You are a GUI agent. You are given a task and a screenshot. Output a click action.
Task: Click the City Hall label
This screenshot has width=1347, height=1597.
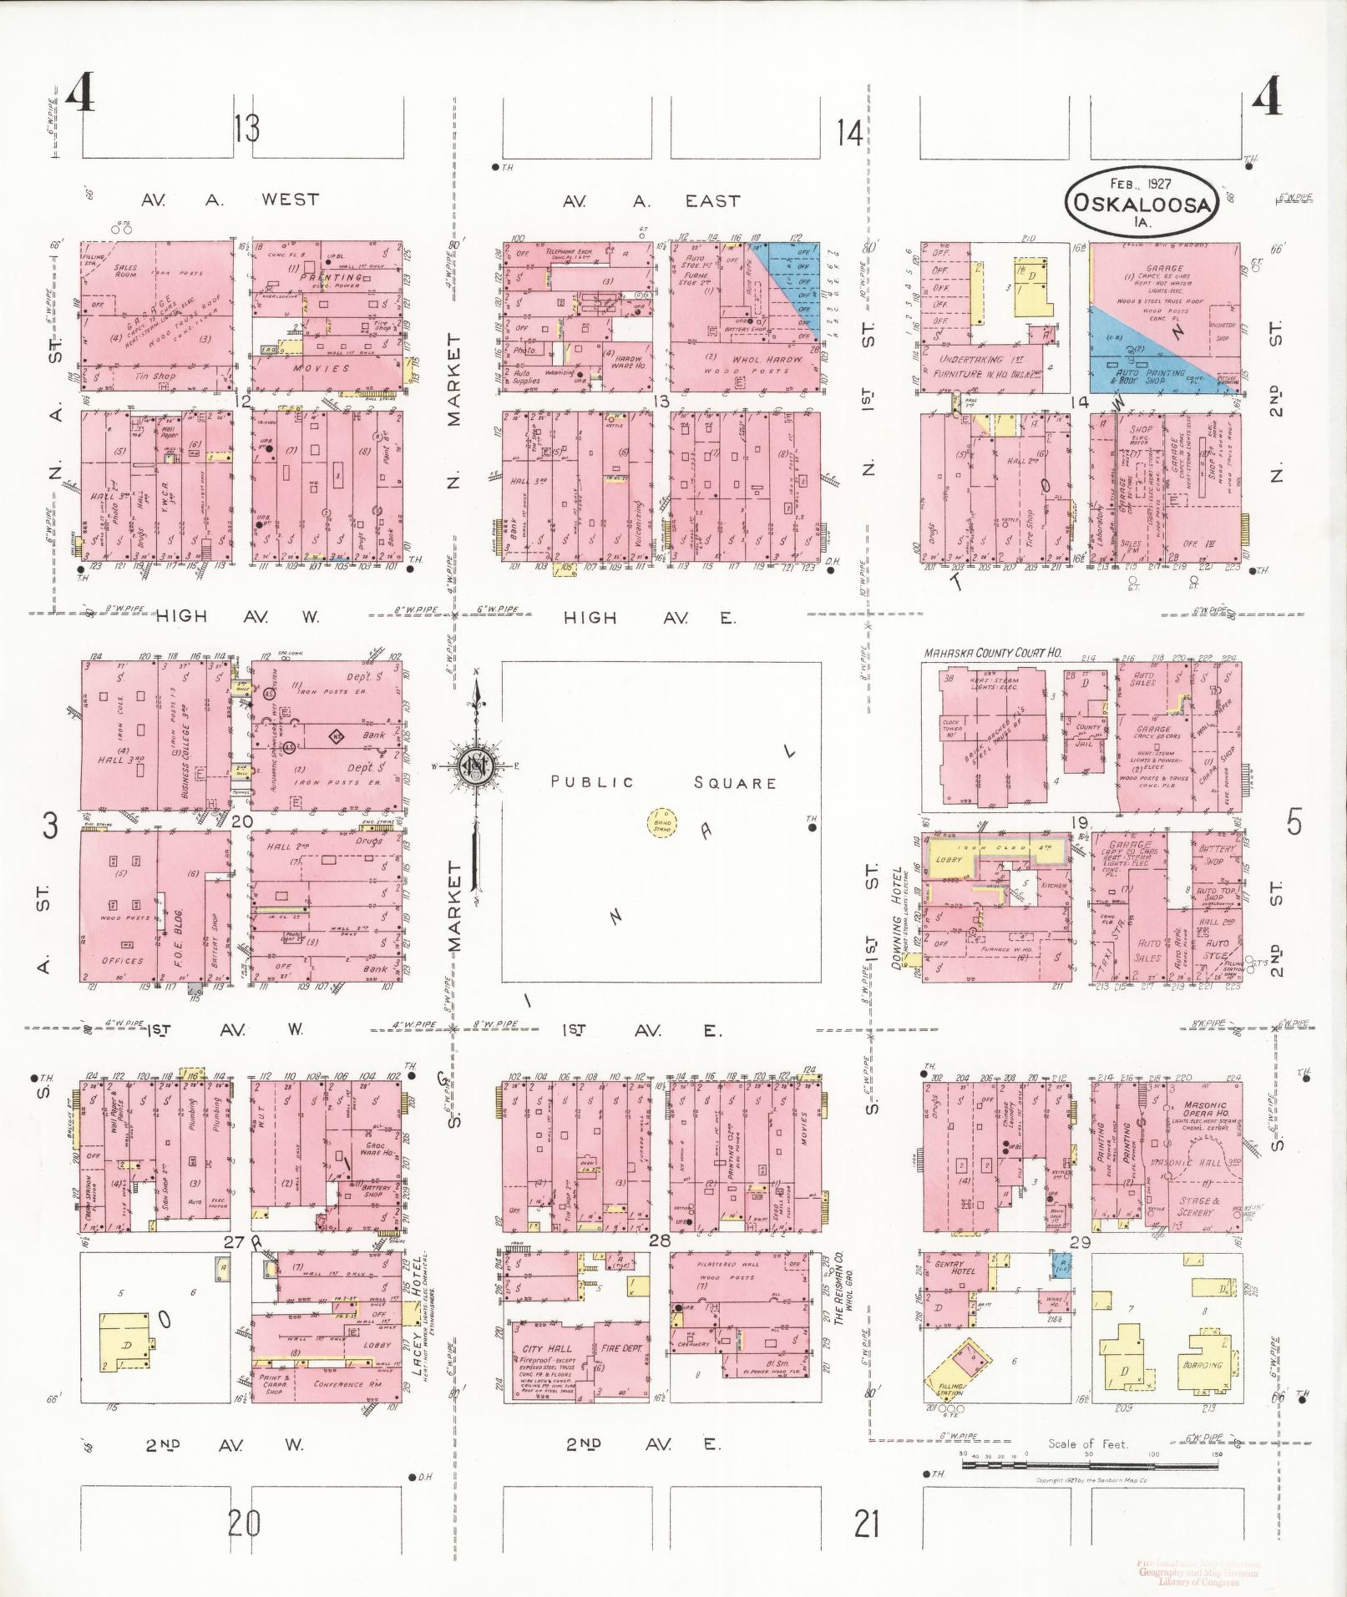tap(547, 1349)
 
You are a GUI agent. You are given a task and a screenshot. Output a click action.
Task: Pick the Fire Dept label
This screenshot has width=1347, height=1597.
tap(619, 1348)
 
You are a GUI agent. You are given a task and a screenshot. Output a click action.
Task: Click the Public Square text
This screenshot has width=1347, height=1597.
tap(663, 782)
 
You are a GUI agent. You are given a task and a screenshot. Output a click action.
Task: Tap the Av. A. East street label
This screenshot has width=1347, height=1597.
tap(651, 201)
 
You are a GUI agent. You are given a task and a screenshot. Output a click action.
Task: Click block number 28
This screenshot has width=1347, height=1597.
tap(660, 1241)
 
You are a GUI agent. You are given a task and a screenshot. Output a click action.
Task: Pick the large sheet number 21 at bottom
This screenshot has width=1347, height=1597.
tap(867, 1525)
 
